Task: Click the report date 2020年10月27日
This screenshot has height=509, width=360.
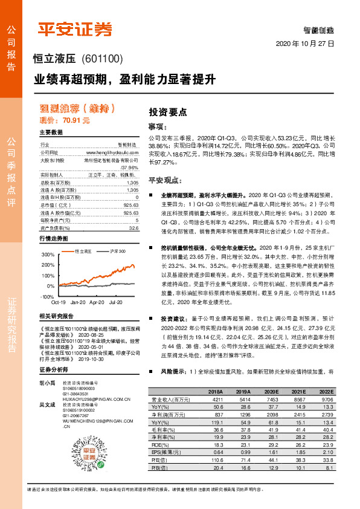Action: click(x=304, y=45)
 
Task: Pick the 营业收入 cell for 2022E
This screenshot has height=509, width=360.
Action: click(x=327, y=400)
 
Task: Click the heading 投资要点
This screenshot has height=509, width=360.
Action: click(x=167, y=112)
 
